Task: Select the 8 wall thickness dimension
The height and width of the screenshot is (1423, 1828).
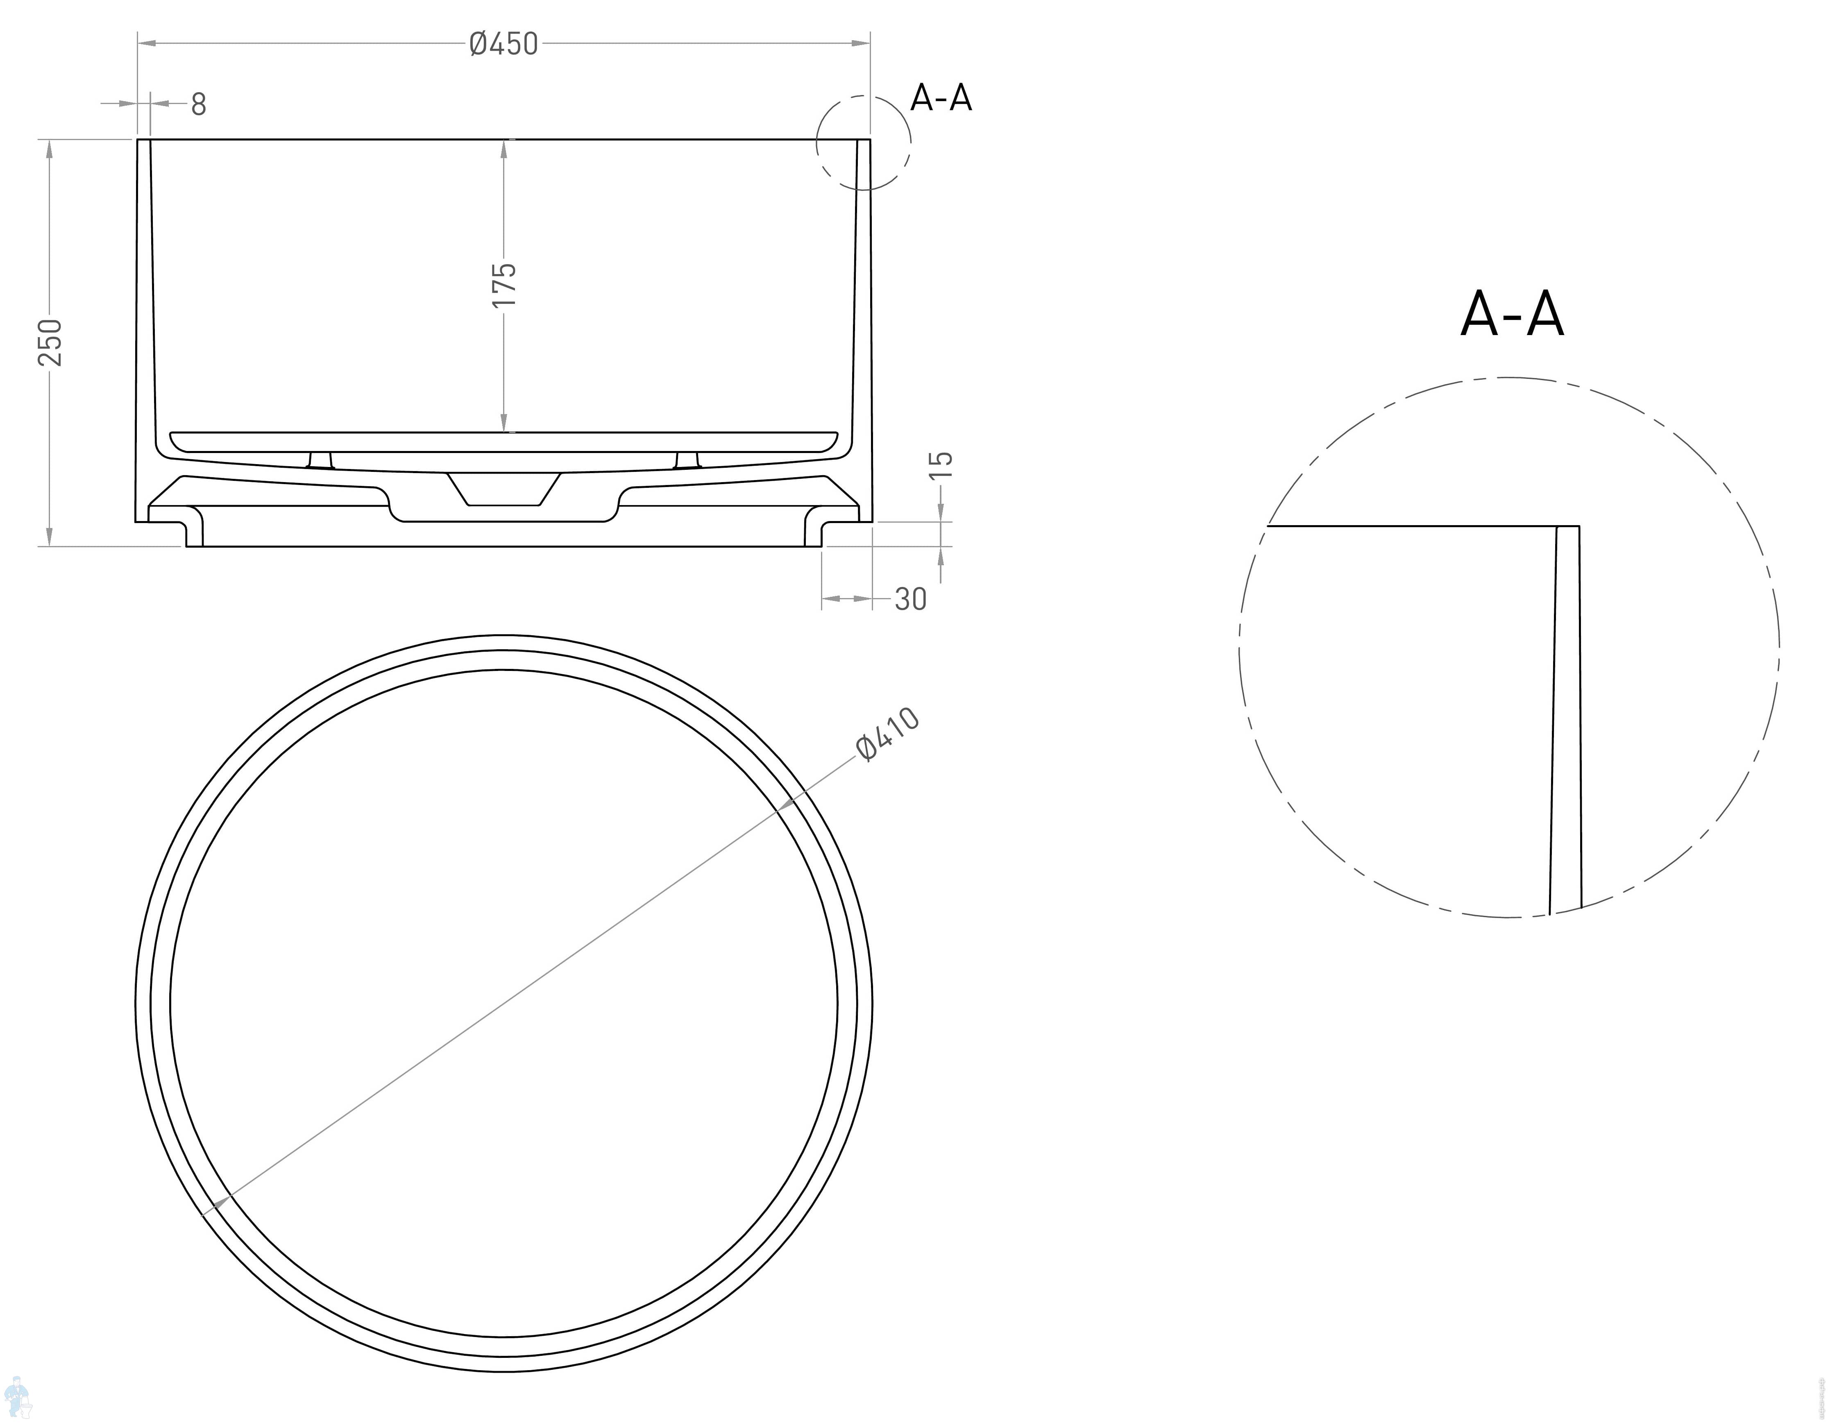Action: pyautogui.click(x=198, y=104)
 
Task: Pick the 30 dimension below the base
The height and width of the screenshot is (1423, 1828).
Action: pyautogui.click(x=911, y=599)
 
